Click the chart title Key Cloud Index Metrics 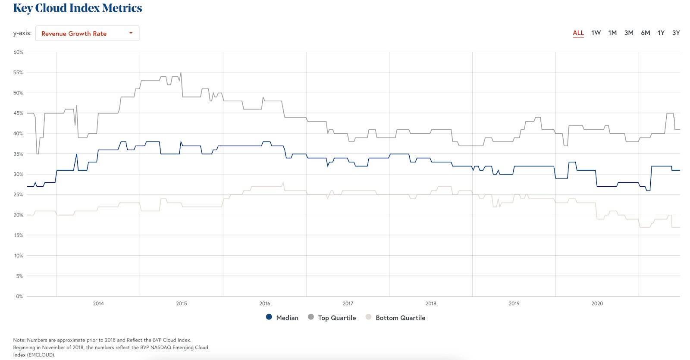[78, 8]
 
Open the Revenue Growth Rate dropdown [87, 33]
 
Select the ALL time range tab [578, 33]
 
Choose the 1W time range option [596, 33]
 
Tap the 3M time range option [629, 33]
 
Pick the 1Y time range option [661, 33]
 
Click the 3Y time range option [676, 33]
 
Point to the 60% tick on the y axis [18, 52]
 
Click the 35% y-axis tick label [18, 154]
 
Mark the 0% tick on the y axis [19, 296]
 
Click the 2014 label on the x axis [98, 304]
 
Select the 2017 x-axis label [348, 304]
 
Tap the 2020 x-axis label [597, 304]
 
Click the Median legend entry [282, 318]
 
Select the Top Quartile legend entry [332, 318]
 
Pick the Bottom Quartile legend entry [395, 318]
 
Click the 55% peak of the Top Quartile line [181, 73]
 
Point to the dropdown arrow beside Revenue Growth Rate [131, 33]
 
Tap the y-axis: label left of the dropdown [22, 33]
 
